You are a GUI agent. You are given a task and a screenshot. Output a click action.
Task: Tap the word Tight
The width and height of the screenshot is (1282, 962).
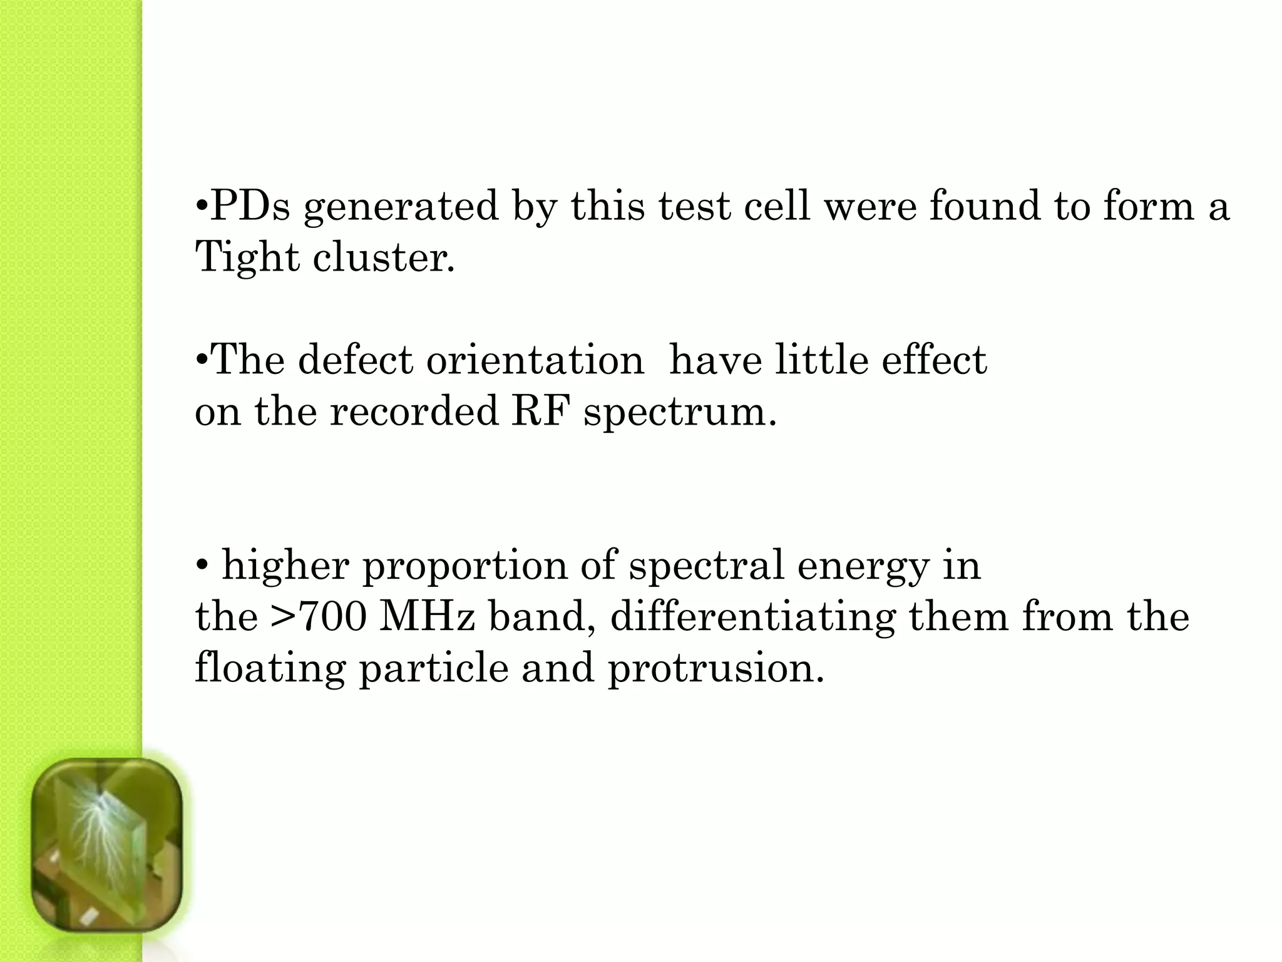(x=247, y=257)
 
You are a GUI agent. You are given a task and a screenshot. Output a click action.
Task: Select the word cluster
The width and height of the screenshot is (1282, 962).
(x=384, y=257)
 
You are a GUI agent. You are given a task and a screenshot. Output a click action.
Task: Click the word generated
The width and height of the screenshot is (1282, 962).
(x=401, y=207)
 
